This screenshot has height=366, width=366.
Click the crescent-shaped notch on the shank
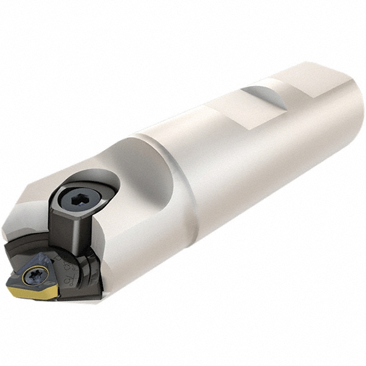point(262,97)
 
